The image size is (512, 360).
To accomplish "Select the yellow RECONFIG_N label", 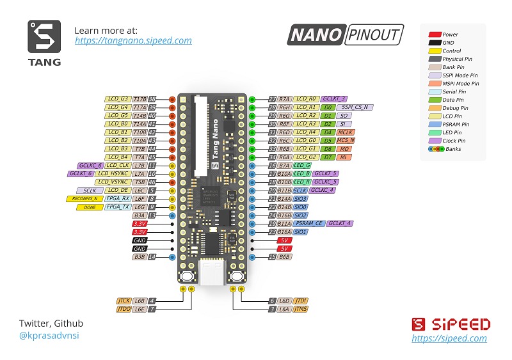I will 85,199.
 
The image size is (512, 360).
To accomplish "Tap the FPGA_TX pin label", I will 117,207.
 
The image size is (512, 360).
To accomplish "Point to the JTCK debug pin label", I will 124,300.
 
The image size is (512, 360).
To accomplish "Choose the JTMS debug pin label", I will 301,309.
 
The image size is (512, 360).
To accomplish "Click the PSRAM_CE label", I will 310,224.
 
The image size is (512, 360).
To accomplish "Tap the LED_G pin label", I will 302,166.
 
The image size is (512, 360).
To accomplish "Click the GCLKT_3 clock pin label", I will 334,99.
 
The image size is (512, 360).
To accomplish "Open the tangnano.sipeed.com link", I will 133,40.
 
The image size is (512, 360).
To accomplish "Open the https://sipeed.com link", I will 449,338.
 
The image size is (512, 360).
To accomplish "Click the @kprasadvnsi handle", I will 49,335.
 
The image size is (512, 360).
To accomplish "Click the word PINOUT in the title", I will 374,35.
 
